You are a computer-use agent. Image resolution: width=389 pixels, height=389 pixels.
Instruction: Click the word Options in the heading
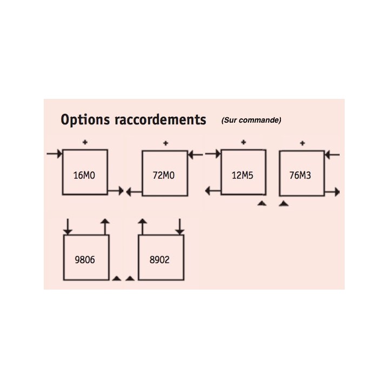[x=85, y=120]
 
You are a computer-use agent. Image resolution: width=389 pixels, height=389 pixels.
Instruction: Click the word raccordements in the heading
[x=160, y=119]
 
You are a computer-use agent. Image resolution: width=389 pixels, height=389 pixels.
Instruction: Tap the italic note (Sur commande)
[x=251, y=120]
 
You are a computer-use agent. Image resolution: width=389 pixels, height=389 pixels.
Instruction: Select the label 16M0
[x=84, y=176]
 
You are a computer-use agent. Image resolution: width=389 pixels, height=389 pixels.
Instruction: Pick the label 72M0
[x=164, y=176]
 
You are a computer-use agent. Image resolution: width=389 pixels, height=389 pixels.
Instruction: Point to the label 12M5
[x=243, y=176]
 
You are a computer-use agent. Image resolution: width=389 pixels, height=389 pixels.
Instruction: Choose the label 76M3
[x=300, y=176]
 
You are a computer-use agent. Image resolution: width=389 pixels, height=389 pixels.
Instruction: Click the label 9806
[x=85, y=260]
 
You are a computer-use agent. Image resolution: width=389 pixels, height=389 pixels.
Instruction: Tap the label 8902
[x=159, y=260]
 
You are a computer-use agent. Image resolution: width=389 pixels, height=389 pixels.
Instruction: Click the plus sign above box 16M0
[x=85, y=142]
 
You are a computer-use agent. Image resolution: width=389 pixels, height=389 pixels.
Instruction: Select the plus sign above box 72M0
[x=166, y=143]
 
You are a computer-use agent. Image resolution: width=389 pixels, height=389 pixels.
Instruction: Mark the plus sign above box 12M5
[x=243, y=142]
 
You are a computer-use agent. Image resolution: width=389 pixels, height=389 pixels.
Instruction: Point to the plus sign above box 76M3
[x=302, y=143]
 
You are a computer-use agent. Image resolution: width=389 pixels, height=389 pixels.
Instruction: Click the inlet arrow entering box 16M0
[x=55, y=154]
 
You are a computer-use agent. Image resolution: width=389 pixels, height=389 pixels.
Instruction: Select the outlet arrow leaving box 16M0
[x=116, y=191]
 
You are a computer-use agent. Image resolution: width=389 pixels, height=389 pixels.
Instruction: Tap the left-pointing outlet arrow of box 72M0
[x=134, y=192]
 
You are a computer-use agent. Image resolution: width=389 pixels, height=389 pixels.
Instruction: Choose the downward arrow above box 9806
[x=68, y=226]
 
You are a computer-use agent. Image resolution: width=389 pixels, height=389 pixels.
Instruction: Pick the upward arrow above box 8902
[x=143, y=226]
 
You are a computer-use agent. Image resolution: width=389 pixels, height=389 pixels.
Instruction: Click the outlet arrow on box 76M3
[x=332, y=192]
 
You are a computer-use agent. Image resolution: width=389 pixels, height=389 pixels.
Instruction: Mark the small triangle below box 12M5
[x=261, y=204]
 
